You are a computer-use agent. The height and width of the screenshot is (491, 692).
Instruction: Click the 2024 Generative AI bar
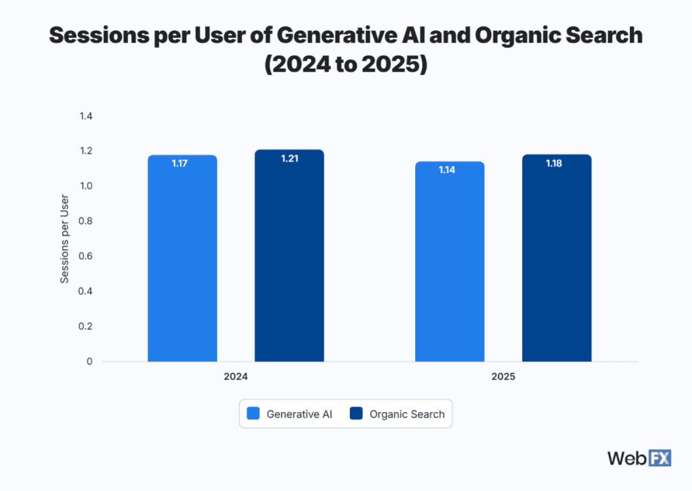tap(182, 260)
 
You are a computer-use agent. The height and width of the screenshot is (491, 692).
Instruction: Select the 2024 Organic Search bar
tap(289, 257)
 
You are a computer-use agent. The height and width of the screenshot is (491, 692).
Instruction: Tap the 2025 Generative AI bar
tap(450, 262)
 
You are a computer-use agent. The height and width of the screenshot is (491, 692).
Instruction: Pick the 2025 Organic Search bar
tap(557, 260)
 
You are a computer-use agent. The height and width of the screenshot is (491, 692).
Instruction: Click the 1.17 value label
tap(179, 163)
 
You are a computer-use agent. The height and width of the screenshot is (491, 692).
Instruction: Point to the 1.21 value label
tap(290, 158)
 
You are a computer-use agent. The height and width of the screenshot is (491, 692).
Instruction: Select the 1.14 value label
tap(447, 170)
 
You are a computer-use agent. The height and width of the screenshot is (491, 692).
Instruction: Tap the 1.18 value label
tap(554, 163)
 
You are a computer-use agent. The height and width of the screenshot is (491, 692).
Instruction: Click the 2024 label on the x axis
tap(236, 377)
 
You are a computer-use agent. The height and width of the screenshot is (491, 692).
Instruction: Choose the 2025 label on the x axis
tap(503, 377)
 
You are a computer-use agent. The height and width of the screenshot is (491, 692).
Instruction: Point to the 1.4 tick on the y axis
tap(86, 116)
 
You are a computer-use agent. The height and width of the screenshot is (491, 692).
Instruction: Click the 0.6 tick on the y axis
tap(86, 256)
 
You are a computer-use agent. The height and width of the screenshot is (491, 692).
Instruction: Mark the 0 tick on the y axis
tap(89, 361)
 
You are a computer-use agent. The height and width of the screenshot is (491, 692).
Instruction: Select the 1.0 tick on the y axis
tap(86, 186)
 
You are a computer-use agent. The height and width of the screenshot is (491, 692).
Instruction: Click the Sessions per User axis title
tap(64, 238)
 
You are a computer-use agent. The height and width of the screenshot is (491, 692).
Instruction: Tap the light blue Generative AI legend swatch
tap(254, 414)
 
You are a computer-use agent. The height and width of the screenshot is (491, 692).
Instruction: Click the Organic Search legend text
tap(407, 414)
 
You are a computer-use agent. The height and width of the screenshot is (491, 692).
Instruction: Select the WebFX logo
tap(639, 458)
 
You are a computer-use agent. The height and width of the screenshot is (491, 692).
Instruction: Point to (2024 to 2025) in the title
tap(346, 64)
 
